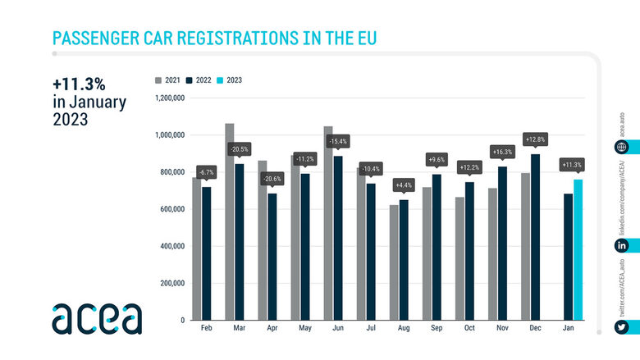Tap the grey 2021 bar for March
tap(229, 221)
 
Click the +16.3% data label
tap(501, 152)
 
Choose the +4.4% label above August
tap(403, 185)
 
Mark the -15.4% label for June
tap(337, 142)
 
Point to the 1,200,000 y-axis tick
tap(171, 98)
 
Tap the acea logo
tap(96, 318)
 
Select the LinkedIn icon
tap(623, 245)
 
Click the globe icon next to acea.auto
tap(623, 147)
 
